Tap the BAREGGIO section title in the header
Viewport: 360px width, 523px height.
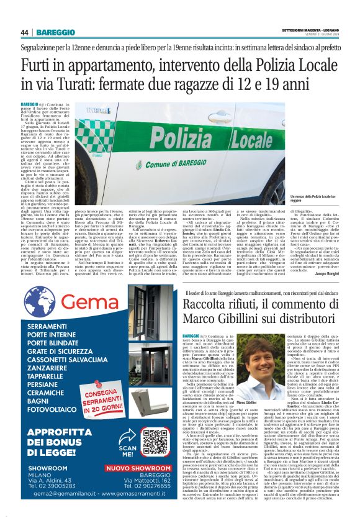[x=56, y=32]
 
